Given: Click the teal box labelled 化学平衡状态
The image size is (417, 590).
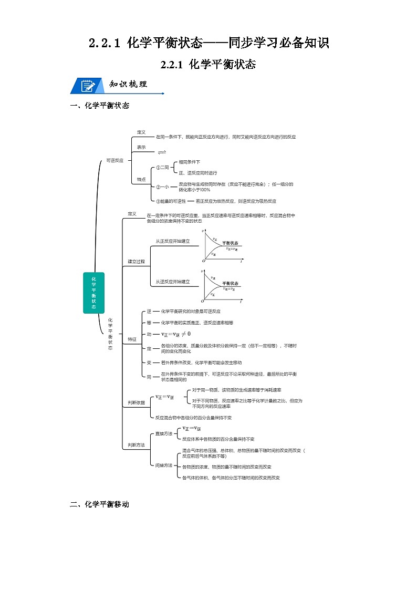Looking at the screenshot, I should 93,293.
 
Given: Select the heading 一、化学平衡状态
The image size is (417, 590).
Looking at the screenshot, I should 99,106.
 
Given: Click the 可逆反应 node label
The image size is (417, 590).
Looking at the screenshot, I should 114,160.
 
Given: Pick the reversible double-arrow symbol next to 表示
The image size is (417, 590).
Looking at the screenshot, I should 162,152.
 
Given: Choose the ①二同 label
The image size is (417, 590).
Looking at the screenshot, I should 162,168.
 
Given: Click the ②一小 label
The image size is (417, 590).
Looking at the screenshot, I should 162,187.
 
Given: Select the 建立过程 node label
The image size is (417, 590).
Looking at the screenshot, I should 136,261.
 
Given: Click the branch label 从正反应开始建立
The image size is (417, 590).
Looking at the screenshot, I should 172,241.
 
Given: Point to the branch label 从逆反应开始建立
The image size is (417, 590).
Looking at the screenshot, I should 172,282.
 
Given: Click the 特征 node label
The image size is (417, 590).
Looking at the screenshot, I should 132,339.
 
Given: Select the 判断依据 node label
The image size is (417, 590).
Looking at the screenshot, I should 136,402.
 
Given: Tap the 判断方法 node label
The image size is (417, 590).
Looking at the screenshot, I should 136,445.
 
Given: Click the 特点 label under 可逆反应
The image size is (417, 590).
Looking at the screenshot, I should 141,179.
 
